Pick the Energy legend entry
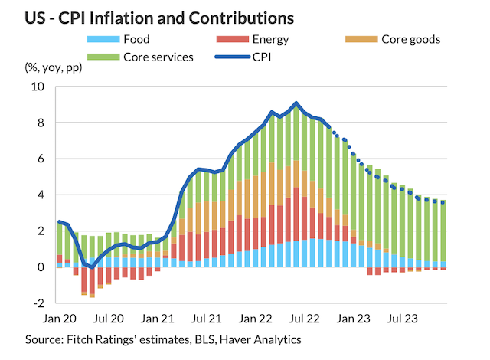click(x=269, y=39)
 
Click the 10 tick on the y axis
click(x=38, y=87)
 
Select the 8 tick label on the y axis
click(x=41, y=123)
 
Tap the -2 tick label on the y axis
click(x=38, y=303)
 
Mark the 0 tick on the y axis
click(x=41, y=267)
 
